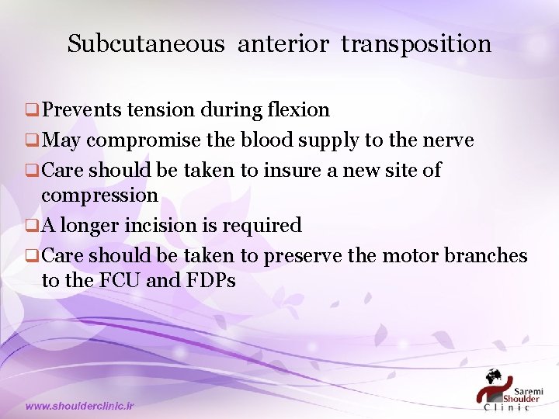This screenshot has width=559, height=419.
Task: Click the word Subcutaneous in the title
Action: coord(145,44)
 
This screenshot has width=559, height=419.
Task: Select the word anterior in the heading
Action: coord(283,44)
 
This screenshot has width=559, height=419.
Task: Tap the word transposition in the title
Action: coord(416,45)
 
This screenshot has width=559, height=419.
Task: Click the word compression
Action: coord(99,196)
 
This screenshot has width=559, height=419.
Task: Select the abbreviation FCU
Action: coord(119,280)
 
